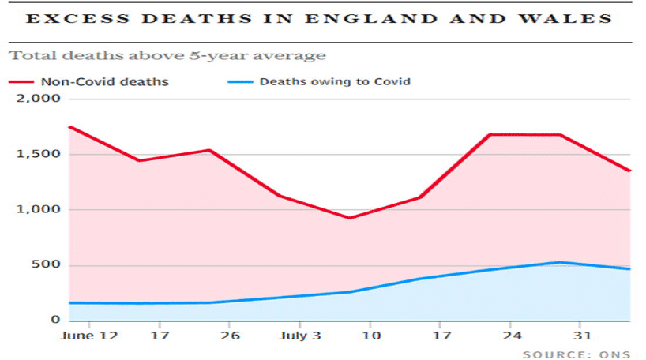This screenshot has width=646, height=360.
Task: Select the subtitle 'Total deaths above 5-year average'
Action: pyautogui.click(x=167, y=56)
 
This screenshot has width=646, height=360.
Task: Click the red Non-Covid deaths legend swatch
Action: pyautogui.click(x=21, y=81)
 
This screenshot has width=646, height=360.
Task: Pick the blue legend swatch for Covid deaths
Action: pyautogui.click(x=238, y=81)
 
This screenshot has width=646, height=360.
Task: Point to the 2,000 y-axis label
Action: pyautogui.click(x=39, y=99)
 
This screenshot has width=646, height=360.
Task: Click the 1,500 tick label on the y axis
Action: pyautogui.click(x=39, y=154)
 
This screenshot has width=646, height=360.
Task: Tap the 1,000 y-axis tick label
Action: pyautogui.click(x=39, y=210)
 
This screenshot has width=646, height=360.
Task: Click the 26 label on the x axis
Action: pyautogui.click(x=229, y=336)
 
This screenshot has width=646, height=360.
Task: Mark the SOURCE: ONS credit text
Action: pyautogui.click(x=577, y=354)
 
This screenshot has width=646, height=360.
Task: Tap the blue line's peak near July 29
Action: pyautogui.click(x=559, y=263)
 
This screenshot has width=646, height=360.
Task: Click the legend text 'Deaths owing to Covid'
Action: pyautogui.click(x=336, y=81)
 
